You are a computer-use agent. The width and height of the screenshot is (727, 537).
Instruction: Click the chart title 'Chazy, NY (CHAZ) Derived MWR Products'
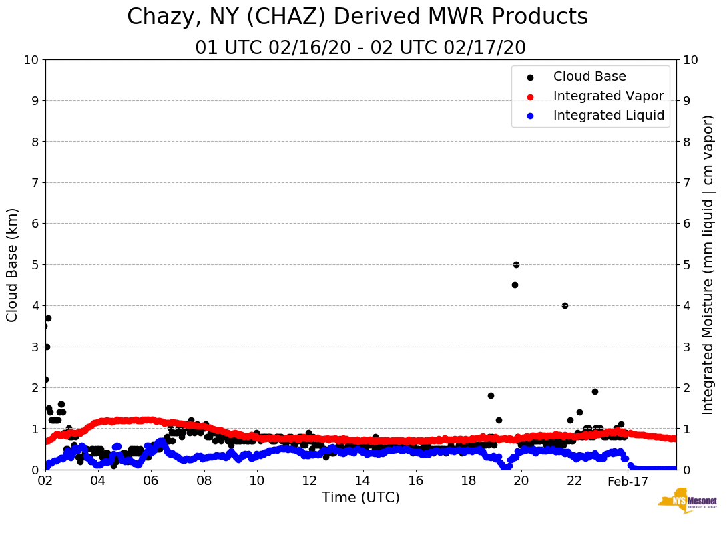357,17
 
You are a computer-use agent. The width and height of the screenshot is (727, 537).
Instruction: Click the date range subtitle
360,48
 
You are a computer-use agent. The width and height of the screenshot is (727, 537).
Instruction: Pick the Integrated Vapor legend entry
608,96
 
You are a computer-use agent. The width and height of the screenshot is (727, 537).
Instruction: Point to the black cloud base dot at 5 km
516,264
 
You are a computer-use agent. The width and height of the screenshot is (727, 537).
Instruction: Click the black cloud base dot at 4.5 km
515,285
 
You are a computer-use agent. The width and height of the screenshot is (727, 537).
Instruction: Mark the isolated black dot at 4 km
565,305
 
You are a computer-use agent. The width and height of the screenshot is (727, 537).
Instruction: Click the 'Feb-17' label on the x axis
628,481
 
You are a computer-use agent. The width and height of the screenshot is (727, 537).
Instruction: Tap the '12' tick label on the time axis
309,481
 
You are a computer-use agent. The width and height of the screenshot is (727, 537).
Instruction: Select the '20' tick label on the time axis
521,481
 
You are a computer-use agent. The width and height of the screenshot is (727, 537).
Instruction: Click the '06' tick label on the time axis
151,481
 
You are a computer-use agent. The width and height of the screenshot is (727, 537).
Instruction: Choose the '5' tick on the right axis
686,264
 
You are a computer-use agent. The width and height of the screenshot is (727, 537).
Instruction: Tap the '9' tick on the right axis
686,101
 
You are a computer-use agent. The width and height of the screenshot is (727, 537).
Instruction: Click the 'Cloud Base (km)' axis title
13,264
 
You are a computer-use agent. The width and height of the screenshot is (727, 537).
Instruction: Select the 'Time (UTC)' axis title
360,498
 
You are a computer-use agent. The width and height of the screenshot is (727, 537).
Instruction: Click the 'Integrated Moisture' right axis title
708,264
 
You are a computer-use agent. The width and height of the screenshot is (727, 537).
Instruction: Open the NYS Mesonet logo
687,503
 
